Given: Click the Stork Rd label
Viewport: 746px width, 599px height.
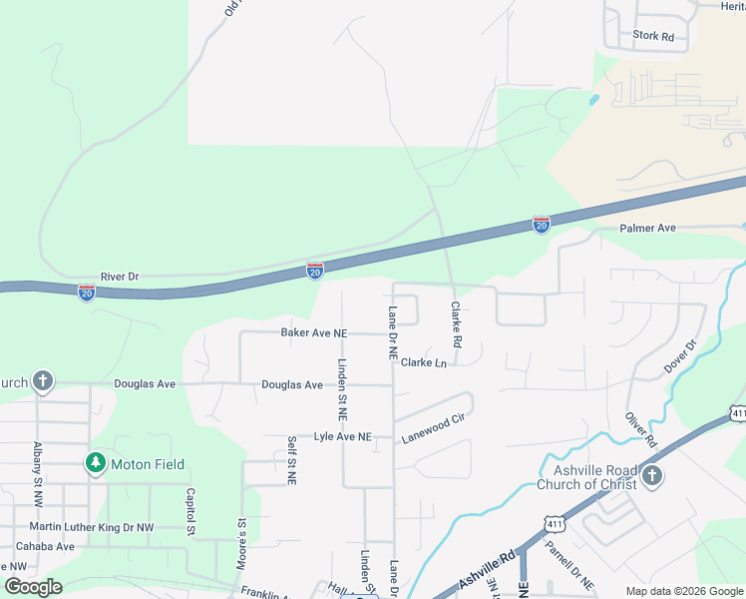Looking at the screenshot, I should click(x=653, y=36).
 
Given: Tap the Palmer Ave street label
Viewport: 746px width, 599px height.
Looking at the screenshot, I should click(x=647, y=229).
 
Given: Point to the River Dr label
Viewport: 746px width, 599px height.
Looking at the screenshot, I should click(x=120, y=276).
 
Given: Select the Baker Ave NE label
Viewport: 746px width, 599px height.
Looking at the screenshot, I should click(x=313, y=332).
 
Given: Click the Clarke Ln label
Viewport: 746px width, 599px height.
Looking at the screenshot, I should click(x=424, y=362).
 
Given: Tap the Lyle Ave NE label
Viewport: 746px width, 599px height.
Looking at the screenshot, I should click(x=342, y=437).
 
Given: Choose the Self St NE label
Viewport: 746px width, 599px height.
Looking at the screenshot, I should click(x=292, y=460).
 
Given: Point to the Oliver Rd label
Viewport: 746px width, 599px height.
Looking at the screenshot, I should click(x=642, y=426).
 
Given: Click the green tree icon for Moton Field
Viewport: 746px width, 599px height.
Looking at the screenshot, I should click(x=95, y=463).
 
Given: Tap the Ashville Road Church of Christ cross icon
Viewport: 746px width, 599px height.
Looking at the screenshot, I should click(x=651, y=474).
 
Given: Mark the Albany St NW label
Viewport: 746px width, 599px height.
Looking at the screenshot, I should click(x=38, y=464).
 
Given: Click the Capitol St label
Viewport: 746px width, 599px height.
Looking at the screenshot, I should click(x=188, y=510).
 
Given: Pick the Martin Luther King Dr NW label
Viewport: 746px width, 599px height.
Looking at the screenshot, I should click(x=91, y=526).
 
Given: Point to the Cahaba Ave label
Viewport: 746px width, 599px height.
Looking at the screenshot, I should click(x=37, y=546).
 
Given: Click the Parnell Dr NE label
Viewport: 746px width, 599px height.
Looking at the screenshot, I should click(x=569, y=565).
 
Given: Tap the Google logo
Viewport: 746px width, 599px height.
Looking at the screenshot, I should click(x=33, y=587).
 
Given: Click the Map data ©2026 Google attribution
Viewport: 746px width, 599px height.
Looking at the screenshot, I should click(x=684, y=591).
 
